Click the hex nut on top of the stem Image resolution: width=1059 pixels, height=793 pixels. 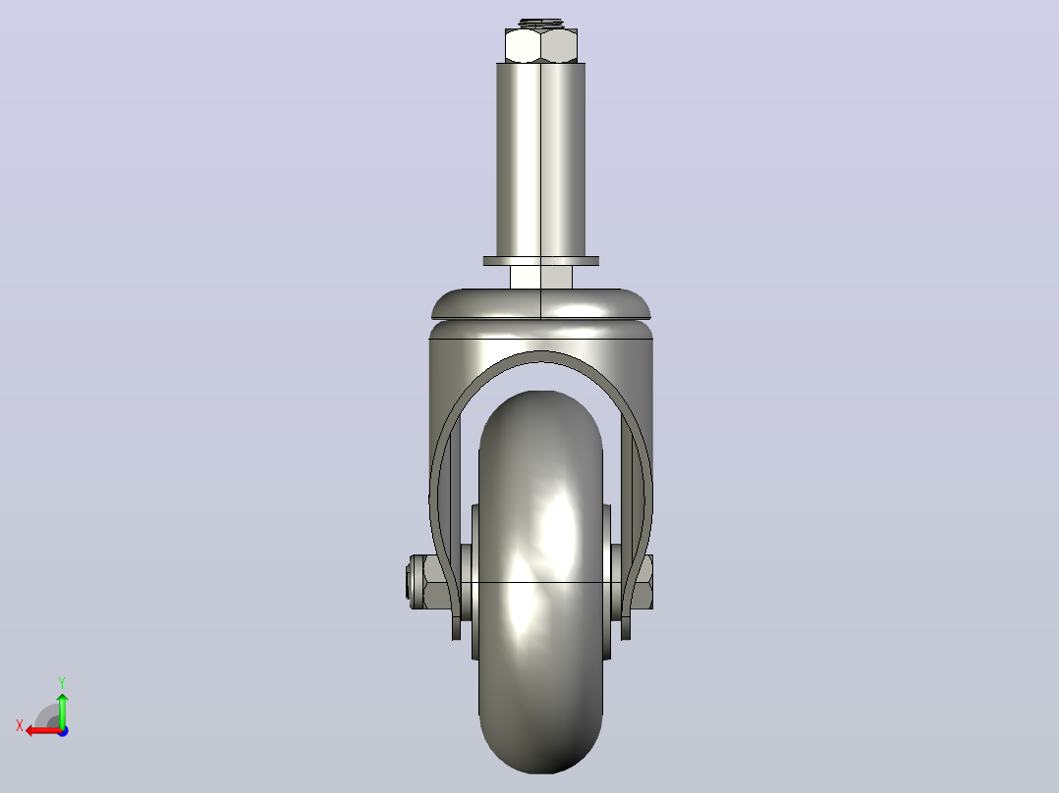(x=541, y=46)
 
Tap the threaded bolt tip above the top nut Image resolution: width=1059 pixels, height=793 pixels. (x=541, y=24)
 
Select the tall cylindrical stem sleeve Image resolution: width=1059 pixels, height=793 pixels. (x=541, y=159)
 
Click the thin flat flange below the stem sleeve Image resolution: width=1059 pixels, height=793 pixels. (x=541, y=261)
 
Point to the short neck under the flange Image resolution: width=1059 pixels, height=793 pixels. (x=541, y=278)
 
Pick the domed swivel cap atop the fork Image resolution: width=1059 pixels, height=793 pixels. (x=541, y=304)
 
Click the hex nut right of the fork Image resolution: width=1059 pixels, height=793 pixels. (x=642, y=582)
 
